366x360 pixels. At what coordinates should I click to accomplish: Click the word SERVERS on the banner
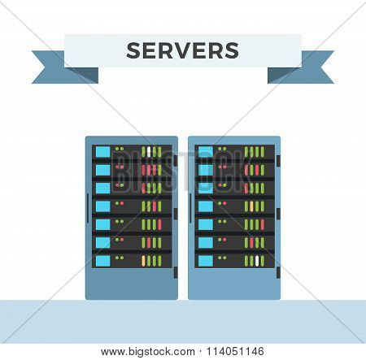tap(183, 50)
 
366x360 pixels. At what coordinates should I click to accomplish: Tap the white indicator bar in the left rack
tap(149, 152)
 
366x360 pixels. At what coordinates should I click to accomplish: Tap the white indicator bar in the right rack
tap(257, 261)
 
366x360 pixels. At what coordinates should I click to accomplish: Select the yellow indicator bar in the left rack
tap(143, 261)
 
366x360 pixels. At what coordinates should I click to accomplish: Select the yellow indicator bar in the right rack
tap(251, 206)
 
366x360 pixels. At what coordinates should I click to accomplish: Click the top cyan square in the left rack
tap(103, 152)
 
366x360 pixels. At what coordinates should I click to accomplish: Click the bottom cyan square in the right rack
tap(206, 261)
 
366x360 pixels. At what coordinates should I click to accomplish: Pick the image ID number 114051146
tap(235, 352)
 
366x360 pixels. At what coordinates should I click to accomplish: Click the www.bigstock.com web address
tap(148, 352)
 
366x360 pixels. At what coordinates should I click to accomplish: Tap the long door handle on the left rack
tap(88, 208)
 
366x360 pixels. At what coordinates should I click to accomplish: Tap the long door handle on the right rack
tap(190, 208)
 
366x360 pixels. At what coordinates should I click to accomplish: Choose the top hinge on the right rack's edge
tap(278, 161)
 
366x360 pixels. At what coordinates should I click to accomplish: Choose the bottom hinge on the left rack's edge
tap(176, 272)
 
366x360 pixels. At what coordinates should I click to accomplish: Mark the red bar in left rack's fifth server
tap(159, 224)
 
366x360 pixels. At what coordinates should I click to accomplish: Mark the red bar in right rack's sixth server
tap(251, 243)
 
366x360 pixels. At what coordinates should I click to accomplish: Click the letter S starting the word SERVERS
tap(134, 50)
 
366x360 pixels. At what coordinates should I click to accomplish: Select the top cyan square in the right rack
tap(206, 152)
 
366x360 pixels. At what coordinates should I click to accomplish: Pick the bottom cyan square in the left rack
tap(103, 261)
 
